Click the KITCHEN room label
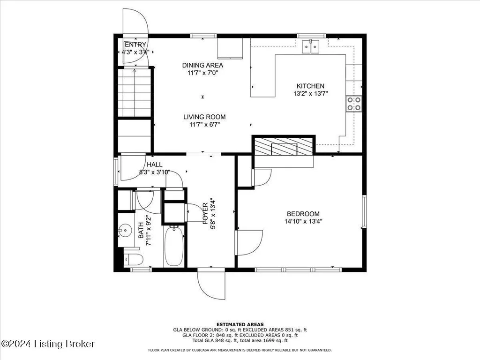[x=310, y=86]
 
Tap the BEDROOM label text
[x=303, y=214]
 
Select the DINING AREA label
[x=202, y=65]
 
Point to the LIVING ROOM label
[x=204, y=117]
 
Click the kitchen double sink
[x=311, y=47]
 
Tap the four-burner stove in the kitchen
[x=354, y=104]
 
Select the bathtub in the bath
[x=173, y=246]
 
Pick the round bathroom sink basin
[x=125, y=229]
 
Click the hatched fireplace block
[x=284, y=146]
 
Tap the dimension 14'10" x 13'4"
[x=303, y=221]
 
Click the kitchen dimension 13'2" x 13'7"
[x=310, y=93]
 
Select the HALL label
[x=155, y=165]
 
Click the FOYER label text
[x=205, y=213]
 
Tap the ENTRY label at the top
[x=135, y=45]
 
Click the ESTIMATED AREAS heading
[x=240, y=324]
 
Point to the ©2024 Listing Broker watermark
[x=48, y=344]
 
